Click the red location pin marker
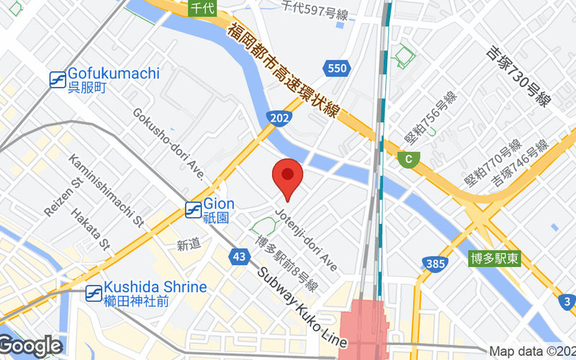tap(287, 176)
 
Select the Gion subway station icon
tap(193, 210)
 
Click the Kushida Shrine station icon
tap(93, 293)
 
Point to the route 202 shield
tap(279, 117)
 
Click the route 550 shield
tap(336, 68)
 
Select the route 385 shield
tap(436, 264)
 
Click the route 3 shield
tap(567, 301)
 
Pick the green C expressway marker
tap(409, 159)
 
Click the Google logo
tap(30, 346)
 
